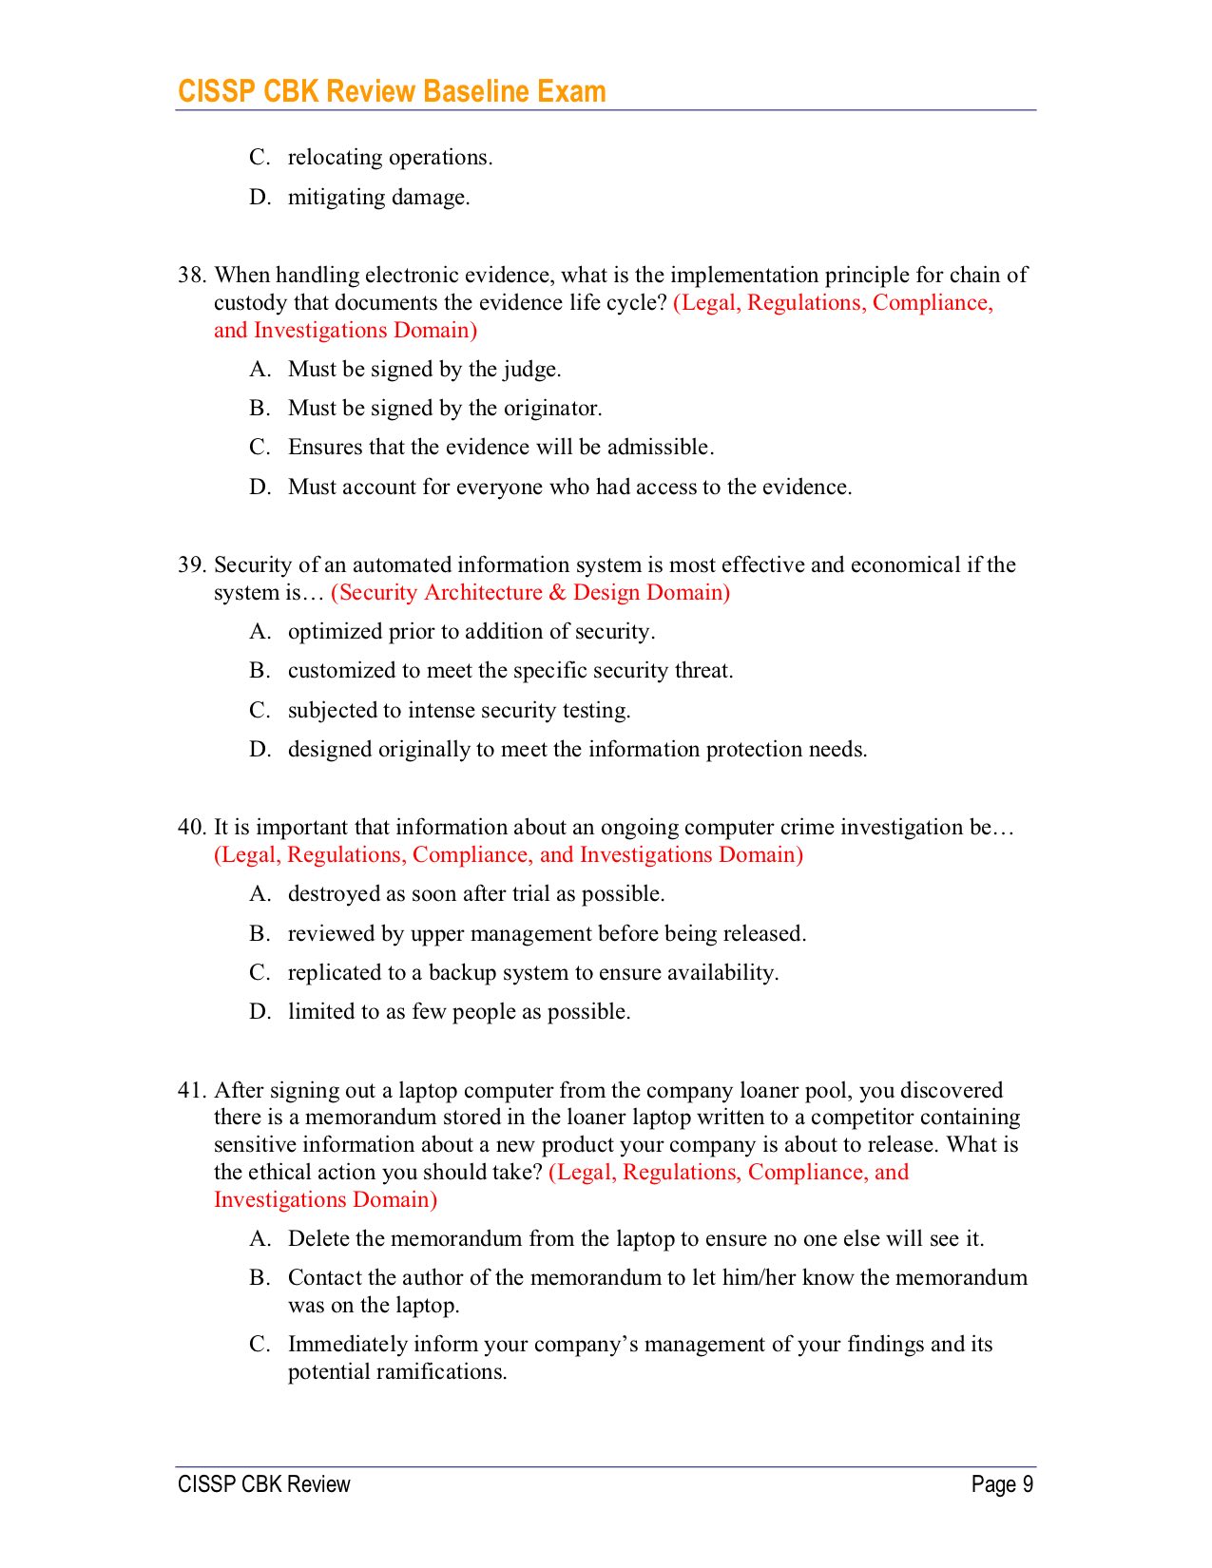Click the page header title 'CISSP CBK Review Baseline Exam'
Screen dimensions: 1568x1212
(392, 91)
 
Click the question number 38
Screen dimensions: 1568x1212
(191, 276)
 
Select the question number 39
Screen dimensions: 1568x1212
(191, 565)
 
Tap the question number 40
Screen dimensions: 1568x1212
(191, 828)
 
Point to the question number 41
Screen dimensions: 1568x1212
(191, 1091)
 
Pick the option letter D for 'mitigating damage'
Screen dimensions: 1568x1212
(260, 198)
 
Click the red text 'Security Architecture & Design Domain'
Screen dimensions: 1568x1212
(530, 593)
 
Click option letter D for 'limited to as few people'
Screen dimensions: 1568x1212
(260, 1012)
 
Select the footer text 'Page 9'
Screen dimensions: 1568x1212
(1002, 1485)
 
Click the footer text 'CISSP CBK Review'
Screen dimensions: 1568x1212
(264, 1485)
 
